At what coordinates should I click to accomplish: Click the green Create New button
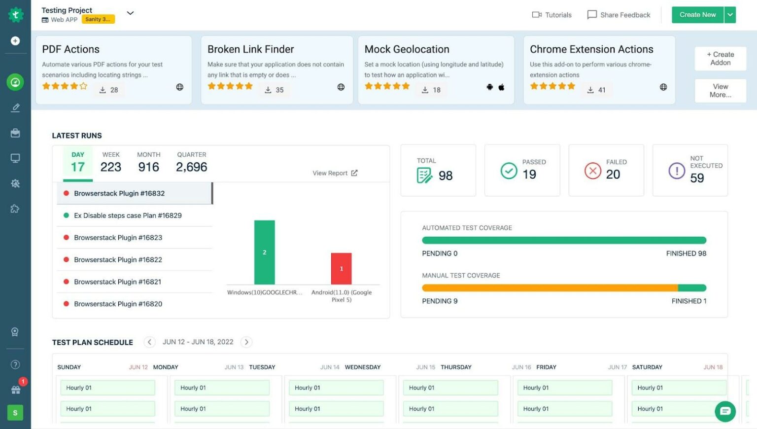[x=697, y=15]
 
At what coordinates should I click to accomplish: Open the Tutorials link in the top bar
[x=552, y=15]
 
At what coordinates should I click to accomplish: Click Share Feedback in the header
[x=619, y=15]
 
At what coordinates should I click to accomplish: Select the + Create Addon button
[x=720, y=59]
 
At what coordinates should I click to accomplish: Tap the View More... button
[x=720, y=91]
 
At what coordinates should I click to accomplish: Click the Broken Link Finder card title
[x=250, y=49]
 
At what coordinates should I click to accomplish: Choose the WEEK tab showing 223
[x=111, y=162]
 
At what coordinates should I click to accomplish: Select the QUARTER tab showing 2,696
[x=191, y=162]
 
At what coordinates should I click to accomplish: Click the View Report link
[x=335, y=173]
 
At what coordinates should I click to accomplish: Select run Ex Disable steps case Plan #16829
[x=128, y=215]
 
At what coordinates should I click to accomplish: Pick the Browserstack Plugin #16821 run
[x=117, y=282]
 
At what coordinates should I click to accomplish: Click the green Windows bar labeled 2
[x=265, y=252]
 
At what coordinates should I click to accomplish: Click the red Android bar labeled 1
[x=341, y=269]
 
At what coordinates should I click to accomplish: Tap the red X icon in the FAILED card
[x=593, y=171]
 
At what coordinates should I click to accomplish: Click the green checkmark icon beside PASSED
[x=509, y=171]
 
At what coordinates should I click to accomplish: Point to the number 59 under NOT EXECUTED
[x=697, y=178]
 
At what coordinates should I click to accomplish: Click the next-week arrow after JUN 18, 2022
[x=246, y=342]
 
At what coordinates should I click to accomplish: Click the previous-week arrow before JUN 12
[x=150, y=342]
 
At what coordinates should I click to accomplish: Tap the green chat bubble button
[x=725, y=411]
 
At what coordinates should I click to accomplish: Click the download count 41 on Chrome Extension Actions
[x=601, y=90]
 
